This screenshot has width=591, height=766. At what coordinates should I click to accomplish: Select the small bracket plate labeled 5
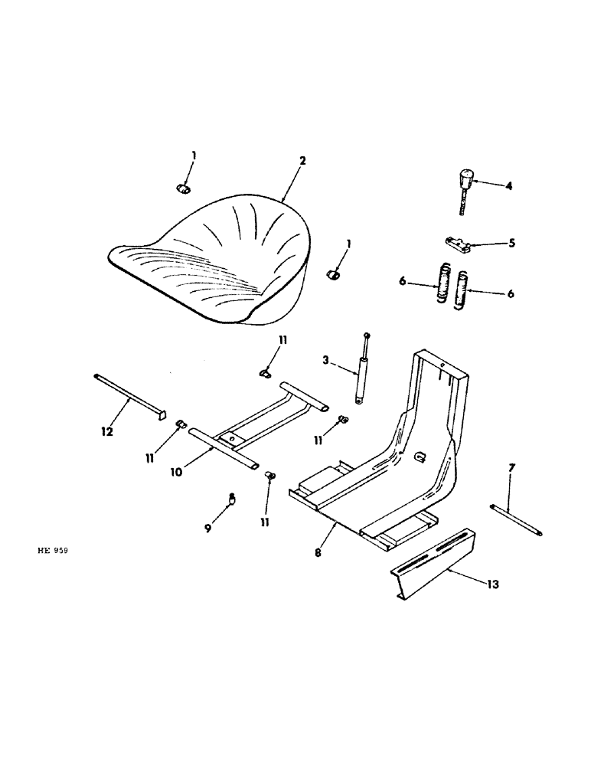coord(458,244)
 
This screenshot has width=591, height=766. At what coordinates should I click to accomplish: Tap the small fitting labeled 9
coord(232,499)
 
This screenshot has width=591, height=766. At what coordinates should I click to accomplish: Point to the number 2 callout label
coord(302,161)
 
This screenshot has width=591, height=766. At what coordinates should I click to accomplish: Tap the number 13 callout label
coord(492,584)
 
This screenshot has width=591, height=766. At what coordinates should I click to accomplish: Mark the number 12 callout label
coord(106,434)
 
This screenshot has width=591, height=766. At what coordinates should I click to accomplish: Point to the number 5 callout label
coord(511,244)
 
